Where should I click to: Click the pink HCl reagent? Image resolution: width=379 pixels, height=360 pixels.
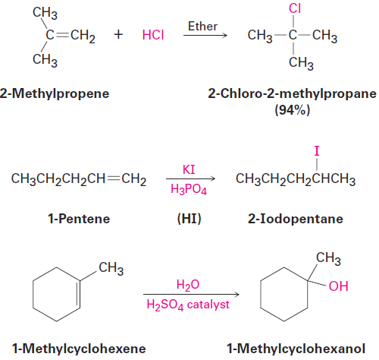[x=153, y=35]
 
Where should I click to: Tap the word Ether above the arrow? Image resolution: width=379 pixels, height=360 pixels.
[x=202, y=27]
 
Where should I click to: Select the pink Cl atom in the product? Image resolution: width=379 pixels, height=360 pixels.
[x=295, y=8]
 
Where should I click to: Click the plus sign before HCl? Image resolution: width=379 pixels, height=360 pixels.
[x=118, y=34]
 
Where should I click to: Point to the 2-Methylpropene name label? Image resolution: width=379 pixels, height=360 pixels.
[x=55, y=93]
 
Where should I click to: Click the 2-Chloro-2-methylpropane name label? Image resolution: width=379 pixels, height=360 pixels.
[x=293, y=93]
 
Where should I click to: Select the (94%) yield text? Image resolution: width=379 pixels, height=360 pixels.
[x=293, y=110]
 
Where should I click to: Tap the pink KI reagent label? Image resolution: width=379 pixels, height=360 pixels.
[x=189, y=169]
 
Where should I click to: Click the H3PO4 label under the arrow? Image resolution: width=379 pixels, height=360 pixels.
[x=189, y=189]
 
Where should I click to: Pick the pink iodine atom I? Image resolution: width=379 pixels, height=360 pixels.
[x=317, y=151]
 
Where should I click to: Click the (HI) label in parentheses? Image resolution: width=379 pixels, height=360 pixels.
[x=189, y=219]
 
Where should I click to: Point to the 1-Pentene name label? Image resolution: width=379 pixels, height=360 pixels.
[x=79, y=219]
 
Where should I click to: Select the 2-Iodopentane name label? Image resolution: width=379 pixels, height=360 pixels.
[x=296, y=219]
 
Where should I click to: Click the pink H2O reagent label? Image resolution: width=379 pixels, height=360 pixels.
[x=188, y=285]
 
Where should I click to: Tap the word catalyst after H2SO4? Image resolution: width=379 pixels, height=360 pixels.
[x=208, y=305]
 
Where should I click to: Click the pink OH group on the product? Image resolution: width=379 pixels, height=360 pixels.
[x=339, y=286]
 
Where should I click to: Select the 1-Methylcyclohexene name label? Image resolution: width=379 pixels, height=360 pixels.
[x=79, y=349]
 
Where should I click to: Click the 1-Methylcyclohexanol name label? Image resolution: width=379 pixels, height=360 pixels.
[x=296, y=349]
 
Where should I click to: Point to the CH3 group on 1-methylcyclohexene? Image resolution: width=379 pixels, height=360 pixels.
[x=111, y=268]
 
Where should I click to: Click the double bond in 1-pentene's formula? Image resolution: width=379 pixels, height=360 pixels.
[x=113, y=178]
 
